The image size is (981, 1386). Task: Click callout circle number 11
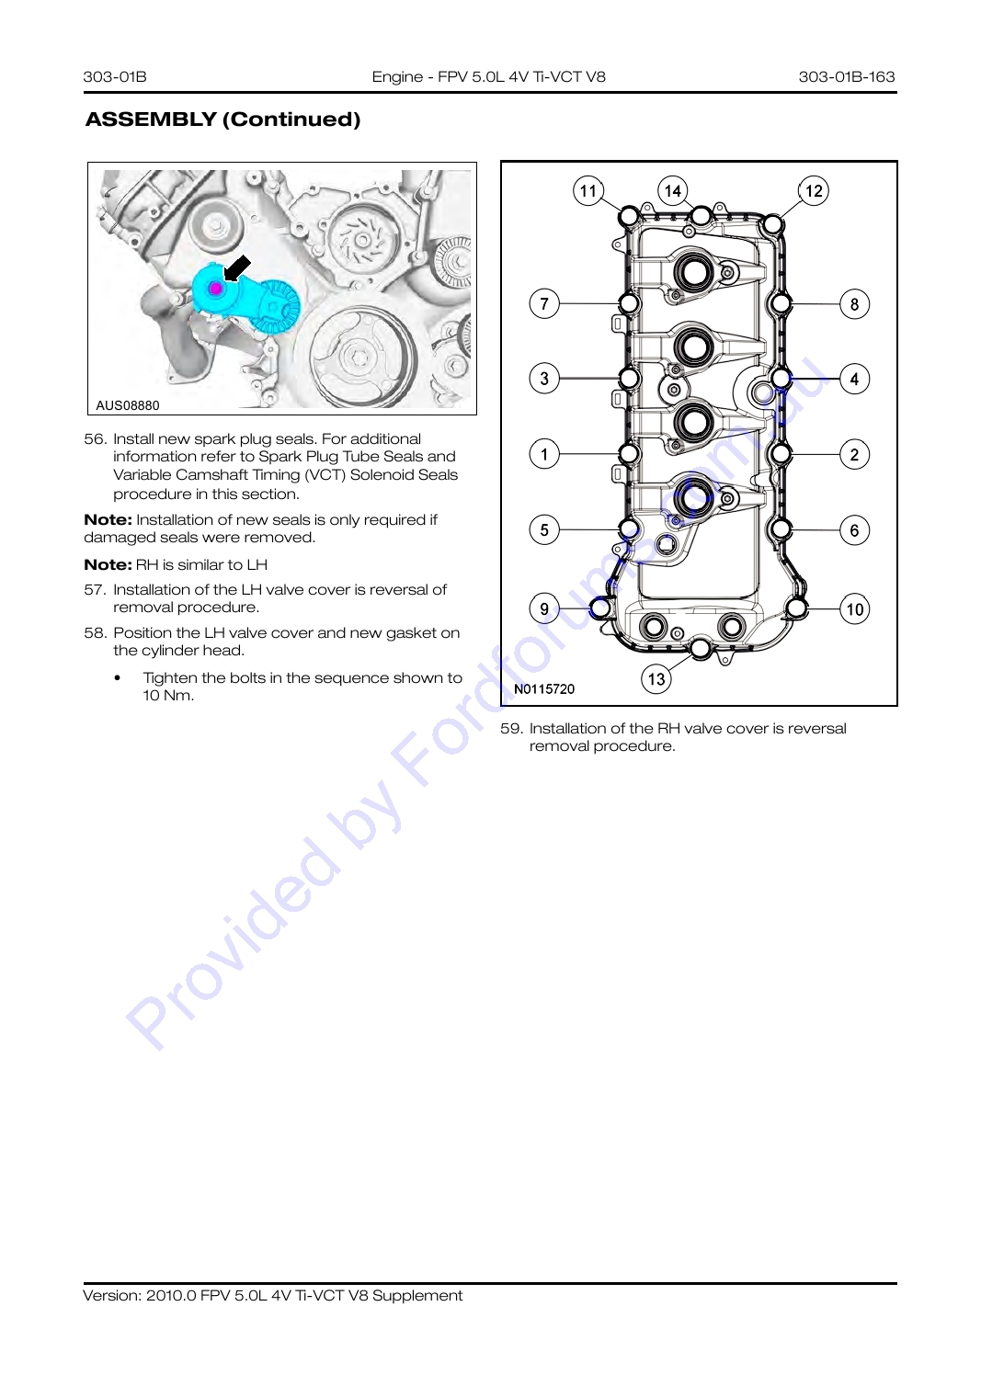[588, 190]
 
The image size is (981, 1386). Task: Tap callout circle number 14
[673, 190]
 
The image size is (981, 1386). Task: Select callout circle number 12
[814, 190]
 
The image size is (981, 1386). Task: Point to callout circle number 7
[544, 304]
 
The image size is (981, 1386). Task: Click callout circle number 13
[656, 679]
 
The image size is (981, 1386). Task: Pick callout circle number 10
[855, 608]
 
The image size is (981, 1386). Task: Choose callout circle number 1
[544, 454]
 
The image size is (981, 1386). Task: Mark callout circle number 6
[855, 530]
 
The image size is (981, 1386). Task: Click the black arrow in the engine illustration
[236, 268]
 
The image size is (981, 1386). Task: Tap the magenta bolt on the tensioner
[215, 288]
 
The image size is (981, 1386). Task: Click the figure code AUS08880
[128, 405]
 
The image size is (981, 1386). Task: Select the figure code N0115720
[544, 688]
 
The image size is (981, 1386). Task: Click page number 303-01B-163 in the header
[846, 76]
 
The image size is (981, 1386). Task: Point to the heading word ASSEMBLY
[151, 119]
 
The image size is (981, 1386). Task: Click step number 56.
[96, 438]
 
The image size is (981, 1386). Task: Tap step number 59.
[511, 728]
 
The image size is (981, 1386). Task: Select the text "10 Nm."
[168, 696]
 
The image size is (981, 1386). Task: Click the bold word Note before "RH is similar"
[108, 564]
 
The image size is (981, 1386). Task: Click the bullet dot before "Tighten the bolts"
[117, 678]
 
